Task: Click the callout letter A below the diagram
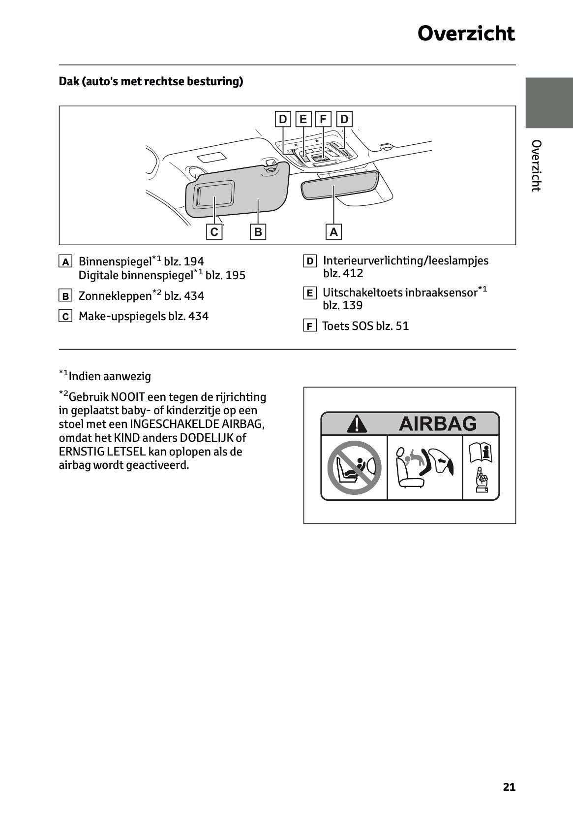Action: click(334, 232)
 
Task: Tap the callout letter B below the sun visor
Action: click(258, 232)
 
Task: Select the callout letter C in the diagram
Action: click(214, 232)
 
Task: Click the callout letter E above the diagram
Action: click(303, 119)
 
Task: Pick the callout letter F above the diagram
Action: click(323, 119)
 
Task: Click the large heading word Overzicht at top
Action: click(466, 33)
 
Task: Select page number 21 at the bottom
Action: click(509, 787)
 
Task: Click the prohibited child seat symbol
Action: click(354, 467)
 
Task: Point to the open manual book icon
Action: click(481, 452)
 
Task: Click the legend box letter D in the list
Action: click(309, 261)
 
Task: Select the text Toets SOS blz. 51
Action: click(365, 326)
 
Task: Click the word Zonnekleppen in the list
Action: click(115, 296)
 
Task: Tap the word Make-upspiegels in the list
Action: click(122, 316)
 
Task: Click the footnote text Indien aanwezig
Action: click(110, 377)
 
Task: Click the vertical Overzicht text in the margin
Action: click(537, 165)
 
